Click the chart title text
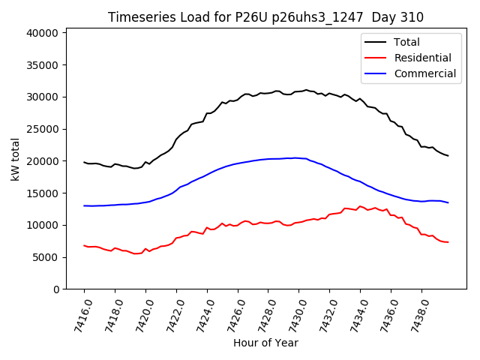265,17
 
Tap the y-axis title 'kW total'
16,159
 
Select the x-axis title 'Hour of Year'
265,343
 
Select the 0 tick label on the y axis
55,289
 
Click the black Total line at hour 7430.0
298,91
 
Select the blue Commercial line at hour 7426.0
238,163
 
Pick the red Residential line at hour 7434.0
360,206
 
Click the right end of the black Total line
448,156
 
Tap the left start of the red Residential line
84,245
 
